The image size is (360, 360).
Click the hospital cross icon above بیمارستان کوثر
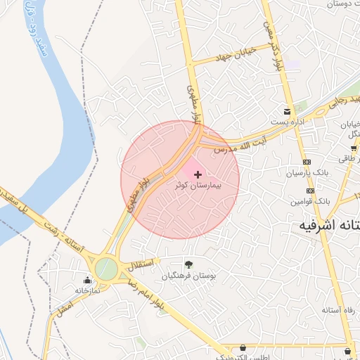[197, 174]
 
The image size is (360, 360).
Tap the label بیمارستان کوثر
[198, 187]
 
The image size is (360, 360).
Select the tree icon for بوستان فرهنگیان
[188, 264]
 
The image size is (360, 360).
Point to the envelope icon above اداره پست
[287, 111]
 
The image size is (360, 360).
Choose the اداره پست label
[286, 122]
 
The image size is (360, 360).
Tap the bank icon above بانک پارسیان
[308, 161]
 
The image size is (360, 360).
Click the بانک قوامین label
[309, 201]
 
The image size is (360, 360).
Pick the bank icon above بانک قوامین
[309, 191]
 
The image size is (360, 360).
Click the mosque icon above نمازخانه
[86, 280]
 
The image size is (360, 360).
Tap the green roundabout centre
[106, 267]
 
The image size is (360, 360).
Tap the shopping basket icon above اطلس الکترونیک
[243, 347]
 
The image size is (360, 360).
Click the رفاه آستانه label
[340, 310]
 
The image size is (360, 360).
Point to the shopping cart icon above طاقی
[353, 148]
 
